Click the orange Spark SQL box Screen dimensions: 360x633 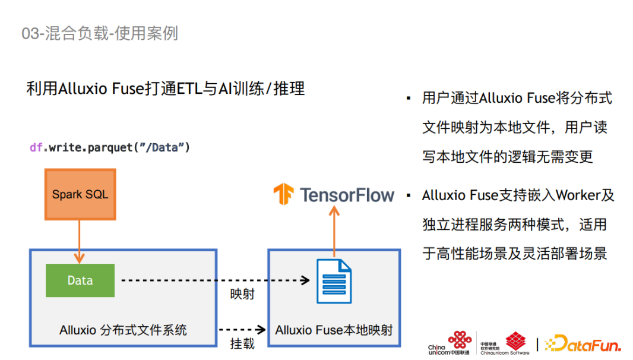pos(80,194)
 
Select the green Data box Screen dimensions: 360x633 pos(80,280)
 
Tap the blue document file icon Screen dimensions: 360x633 pos(334,281)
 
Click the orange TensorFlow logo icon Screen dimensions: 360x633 pos(283,195)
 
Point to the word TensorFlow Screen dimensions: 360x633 pos(347,195)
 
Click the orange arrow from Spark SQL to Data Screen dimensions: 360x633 pos(80,241)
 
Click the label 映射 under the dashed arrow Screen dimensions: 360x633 pos(242,293)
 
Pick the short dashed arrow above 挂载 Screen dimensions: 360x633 pos(242,329)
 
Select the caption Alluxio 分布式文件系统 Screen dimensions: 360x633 pos(123,330)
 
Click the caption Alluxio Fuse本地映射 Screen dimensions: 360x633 pos(334,330)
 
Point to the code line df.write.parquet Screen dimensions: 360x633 pos(110,147)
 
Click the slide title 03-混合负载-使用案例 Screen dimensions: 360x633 pos(100,33)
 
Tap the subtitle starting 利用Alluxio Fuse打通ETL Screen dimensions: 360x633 pos(166,89)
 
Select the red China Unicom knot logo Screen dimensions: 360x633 pos(460,340)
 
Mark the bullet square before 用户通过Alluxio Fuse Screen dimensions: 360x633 pos(409,97)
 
